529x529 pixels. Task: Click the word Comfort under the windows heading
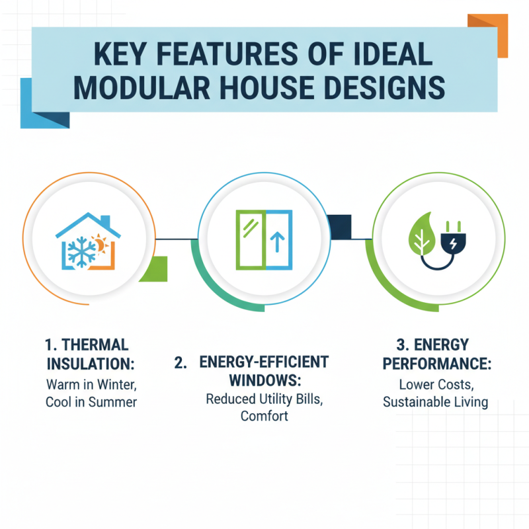[x=264, y=417]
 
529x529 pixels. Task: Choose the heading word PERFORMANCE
[x=434, y=363]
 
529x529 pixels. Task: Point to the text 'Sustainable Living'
[x=434, y=402]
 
